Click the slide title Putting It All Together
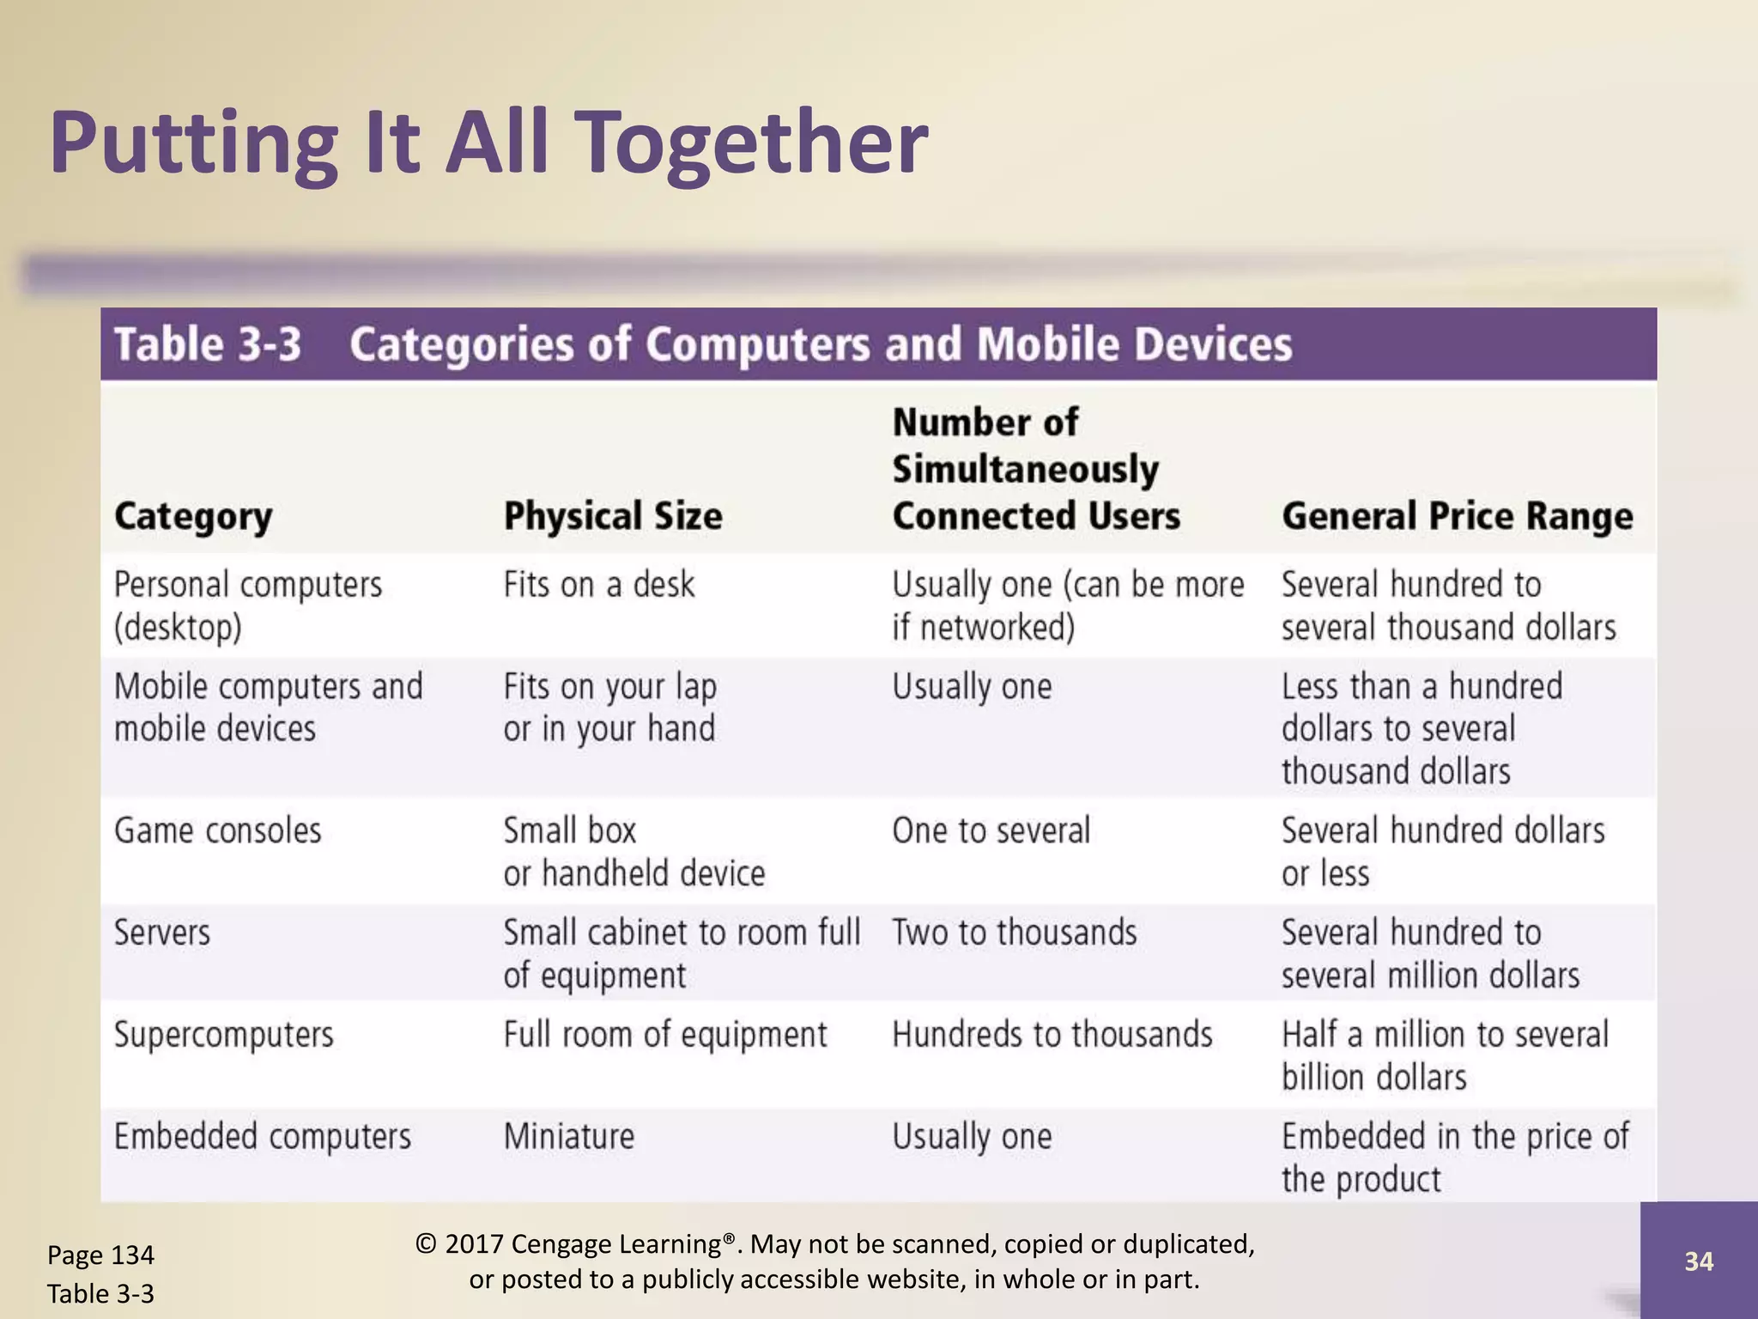coord(488,143)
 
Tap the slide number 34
coord(1699,1261)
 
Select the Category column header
coord(193,516)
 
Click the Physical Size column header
coord(613,516)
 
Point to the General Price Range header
coord(1457,516)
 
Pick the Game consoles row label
coord(217,831)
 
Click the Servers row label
coord(162,933)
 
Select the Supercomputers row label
coord(224,1035)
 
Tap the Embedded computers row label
coord(263,1137)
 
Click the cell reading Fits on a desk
coord(598,585)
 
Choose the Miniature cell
coord(569,1137)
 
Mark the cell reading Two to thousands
coord(1015,933)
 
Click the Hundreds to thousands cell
coord(1052,1035)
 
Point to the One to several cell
coord(991,831)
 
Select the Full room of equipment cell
coord(665,1035)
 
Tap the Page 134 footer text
coord(100,1255)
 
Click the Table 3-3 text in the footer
coord(100,1293)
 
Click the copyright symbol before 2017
coord(426,1244)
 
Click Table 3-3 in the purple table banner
coord(208,344)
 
